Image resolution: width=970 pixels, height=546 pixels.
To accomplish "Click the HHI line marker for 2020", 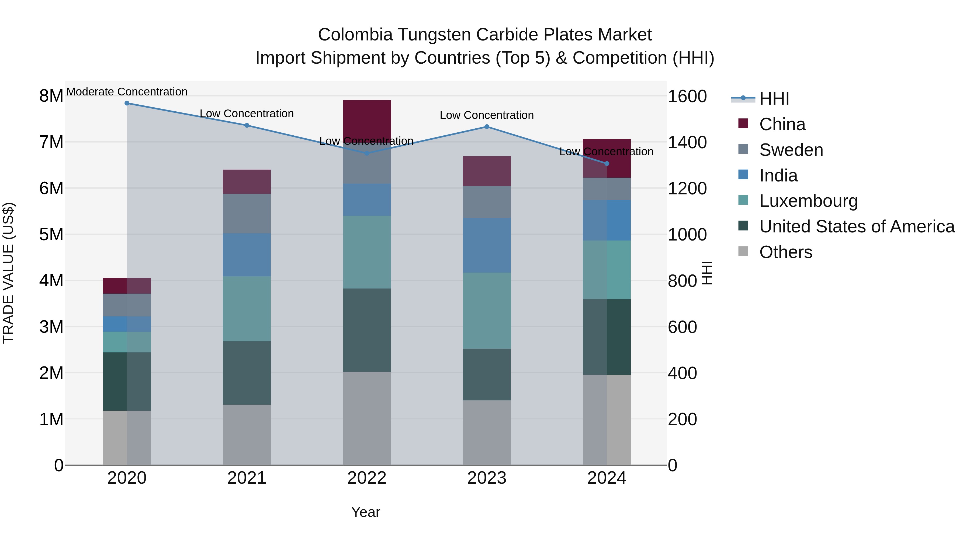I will click(127, 103).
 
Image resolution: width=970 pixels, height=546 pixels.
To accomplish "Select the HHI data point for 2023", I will click(487, 127).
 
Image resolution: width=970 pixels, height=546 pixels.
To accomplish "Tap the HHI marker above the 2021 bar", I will click(247, 125).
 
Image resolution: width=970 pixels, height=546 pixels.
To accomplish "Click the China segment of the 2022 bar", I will click(367, 119).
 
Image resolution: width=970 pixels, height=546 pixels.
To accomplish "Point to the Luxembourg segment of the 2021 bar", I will click(247, 309).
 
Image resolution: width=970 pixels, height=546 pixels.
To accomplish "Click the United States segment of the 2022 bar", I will click(367, 330).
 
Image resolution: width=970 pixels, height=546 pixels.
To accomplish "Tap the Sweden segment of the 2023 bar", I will click(487, 202).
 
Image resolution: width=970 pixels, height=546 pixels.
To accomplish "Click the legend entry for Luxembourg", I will click(808, 201).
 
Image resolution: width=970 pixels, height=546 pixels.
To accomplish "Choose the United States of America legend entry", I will click(857, 226).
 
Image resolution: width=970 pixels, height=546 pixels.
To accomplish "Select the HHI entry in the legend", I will click(774, 99).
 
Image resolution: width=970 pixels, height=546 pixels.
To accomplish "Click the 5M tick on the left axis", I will click(51, 234).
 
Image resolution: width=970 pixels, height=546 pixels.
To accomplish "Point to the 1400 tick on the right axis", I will click(687, 142).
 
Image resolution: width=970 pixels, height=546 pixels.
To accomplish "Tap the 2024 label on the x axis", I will click(606, 478).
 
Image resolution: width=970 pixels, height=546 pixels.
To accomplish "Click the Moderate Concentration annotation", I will click(127, 92).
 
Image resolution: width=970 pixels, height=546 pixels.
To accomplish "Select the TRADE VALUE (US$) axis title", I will click(8, 273).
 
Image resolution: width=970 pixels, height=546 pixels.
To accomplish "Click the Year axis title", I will click(365, 512).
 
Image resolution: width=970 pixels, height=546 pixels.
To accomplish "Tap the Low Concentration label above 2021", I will click(247, 114).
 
